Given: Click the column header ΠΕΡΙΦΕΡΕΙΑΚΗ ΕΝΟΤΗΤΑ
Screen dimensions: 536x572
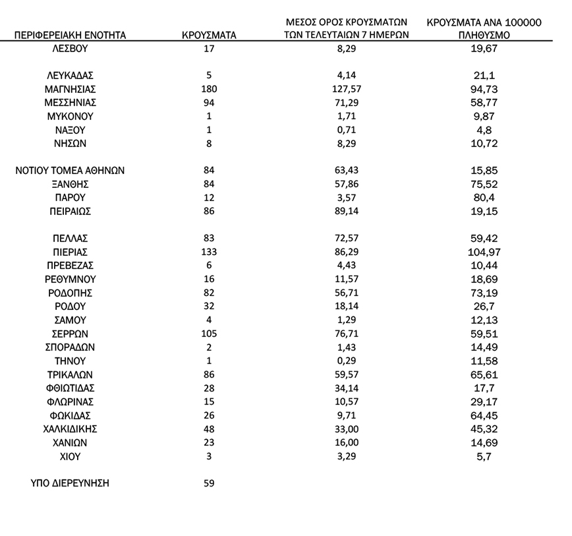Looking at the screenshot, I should [x=70, y=35].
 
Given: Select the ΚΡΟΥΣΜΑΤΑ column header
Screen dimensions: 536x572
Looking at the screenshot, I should [x=209, y=35].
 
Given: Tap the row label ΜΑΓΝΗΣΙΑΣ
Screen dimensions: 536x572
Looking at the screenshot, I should [x=70, y=89].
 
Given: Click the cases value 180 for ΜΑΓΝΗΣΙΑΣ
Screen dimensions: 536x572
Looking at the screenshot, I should [x=209, y=89].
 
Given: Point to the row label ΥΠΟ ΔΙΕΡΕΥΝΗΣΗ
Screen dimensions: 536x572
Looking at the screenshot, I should [x=70, y=483].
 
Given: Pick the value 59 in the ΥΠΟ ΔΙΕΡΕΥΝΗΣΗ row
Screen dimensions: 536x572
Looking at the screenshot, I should [x=209, y=483].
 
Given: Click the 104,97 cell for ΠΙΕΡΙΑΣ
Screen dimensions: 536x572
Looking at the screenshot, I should [x=484, y=252].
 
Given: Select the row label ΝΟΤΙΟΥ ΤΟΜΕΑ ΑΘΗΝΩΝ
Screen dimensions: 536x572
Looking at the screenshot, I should [x=70, y=171].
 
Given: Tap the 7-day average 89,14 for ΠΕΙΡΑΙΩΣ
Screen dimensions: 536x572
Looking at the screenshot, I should [x=347, y=212].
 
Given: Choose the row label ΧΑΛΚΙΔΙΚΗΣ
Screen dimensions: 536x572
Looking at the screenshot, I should [x=70, y=429].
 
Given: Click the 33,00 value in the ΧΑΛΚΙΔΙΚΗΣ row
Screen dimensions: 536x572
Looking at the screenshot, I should [x=347, y=429].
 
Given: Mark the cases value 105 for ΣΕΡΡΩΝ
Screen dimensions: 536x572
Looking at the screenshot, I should [x=209, y=334].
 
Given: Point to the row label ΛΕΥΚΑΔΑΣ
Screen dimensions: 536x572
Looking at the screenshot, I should [x=70, y=75].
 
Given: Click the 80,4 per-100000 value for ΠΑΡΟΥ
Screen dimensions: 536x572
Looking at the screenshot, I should [x=484, y=198].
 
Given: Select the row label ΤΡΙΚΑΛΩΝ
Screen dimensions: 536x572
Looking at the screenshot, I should [x=70, y=374].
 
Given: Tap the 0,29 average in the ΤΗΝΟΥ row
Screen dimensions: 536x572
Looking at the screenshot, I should [x=347, y=361].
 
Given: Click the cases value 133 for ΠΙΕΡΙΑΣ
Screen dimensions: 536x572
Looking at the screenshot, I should [x=209, y=252].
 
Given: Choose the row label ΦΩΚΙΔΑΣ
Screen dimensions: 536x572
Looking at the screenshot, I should [x=70, y=415].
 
